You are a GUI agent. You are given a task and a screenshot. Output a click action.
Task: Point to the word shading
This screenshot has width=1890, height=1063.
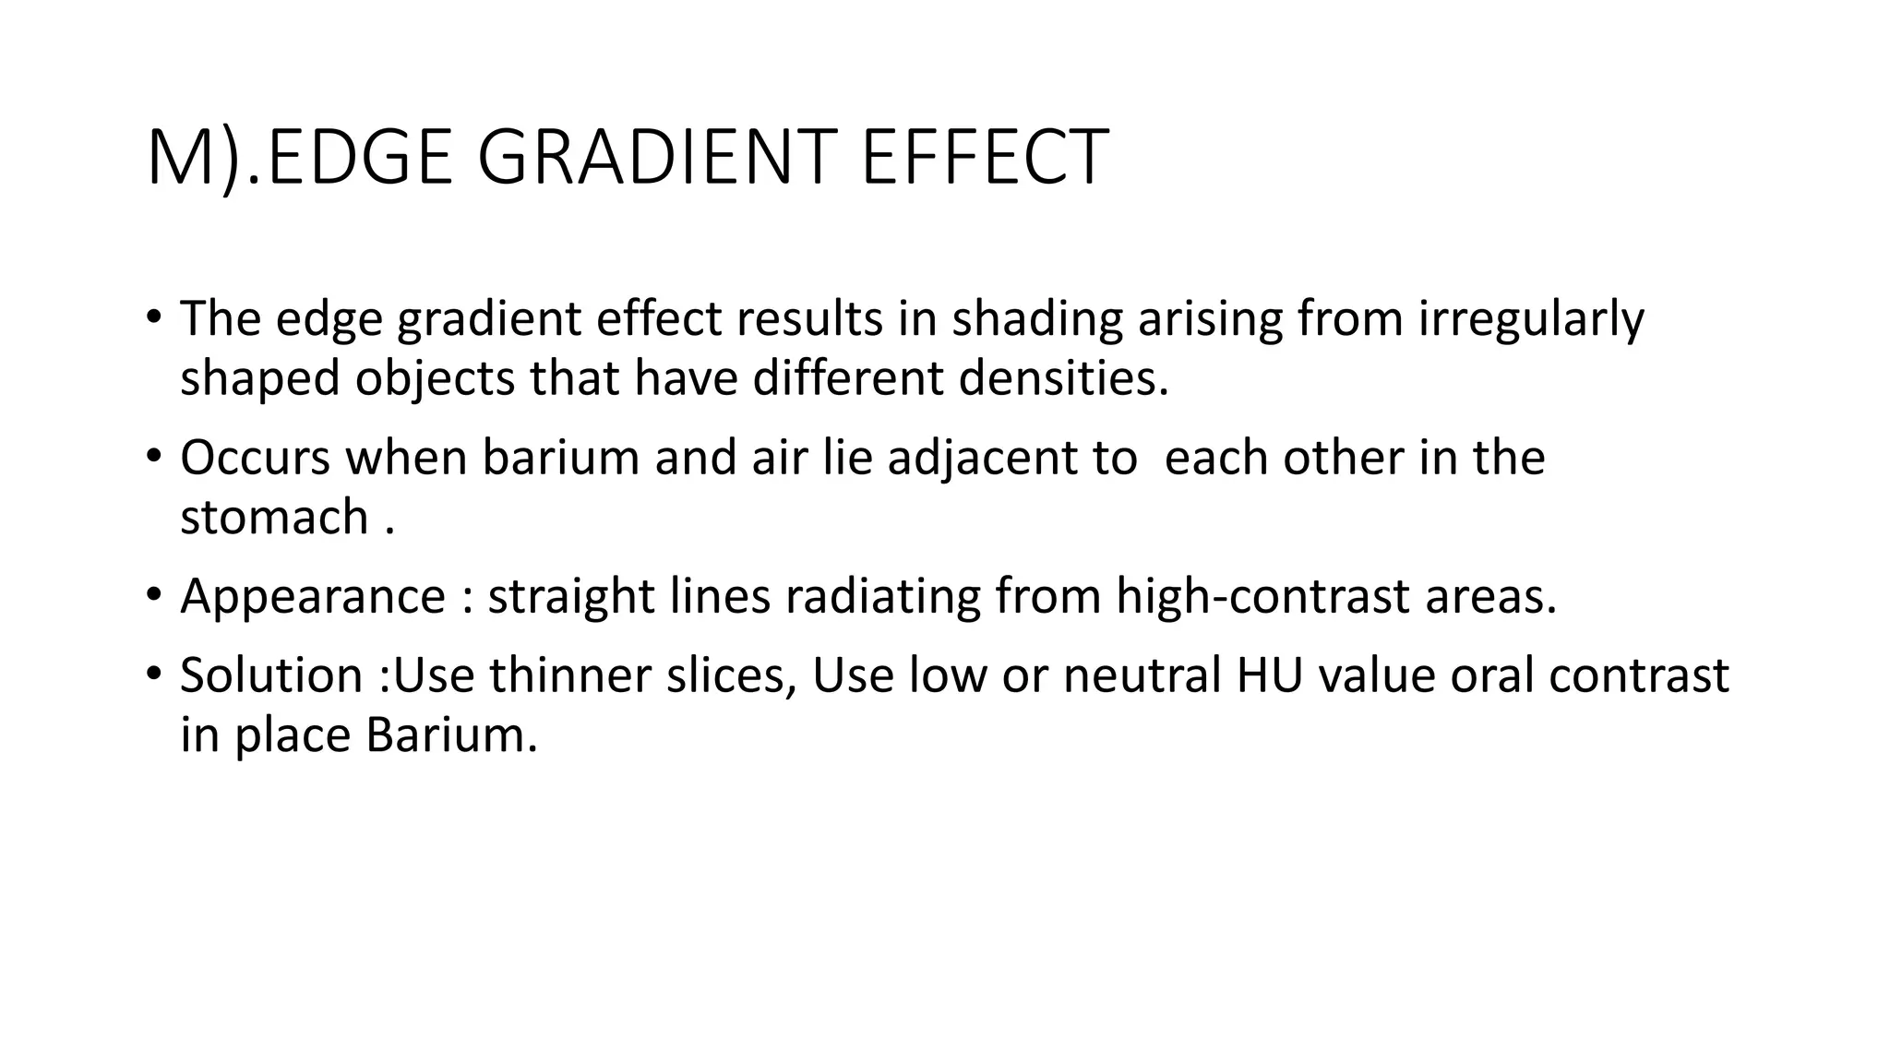click(x=1037, y=319)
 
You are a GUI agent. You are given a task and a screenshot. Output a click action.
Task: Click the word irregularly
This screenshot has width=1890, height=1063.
click(x=1531, y=319)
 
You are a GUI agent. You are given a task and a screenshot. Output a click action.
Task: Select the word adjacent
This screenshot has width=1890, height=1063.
click(x=1012, y=459)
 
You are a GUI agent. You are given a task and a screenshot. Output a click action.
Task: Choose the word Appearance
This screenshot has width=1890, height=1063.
click(x=313, y=597)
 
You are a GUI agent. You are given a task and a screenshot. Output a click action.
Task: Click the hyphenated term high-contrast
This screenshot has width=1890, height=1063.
click(x=1262, y=596)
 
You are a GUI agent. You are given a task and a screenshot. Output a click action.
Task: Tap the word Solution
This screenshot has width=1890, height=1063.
click(x=271, y=675)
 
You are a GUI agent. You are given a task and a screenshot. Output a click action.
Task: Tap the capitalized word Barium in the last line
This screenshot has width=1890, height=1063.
click(x=451, y=735)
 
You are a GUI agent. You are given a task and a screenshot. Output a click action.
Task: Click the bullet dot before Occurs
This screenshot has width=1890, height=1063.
click(x=153, y=455)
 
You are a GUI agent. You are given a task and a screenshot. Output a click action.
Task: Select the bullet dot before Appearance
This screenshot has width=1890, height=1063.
click(x=153, y=593)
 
